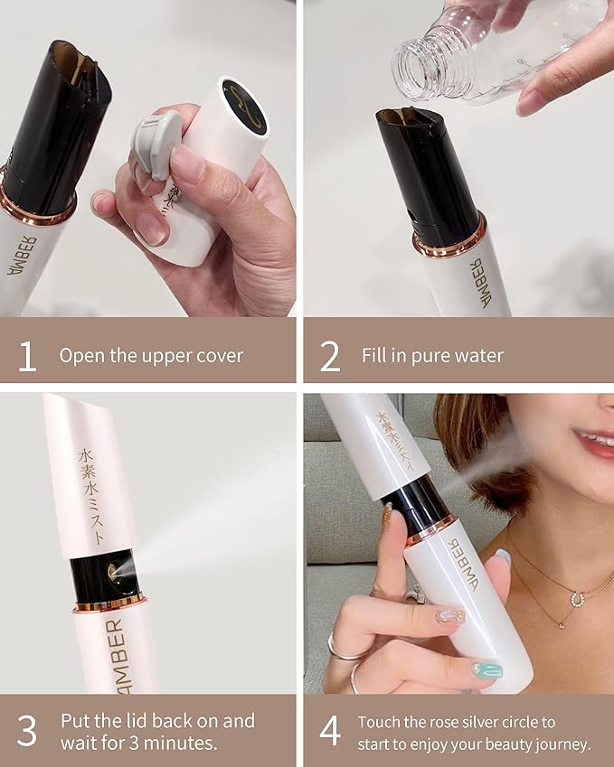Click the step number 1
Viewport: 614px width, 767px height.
pos(28,355)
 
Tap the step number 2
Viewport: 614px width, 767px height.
pos(330,355)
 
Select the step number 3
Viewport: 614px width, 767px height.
pos(28,731)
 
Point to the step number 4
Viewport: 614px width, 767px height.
pos(330,731)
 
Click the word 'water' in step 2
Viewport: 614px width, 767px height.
pos(484,356)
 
